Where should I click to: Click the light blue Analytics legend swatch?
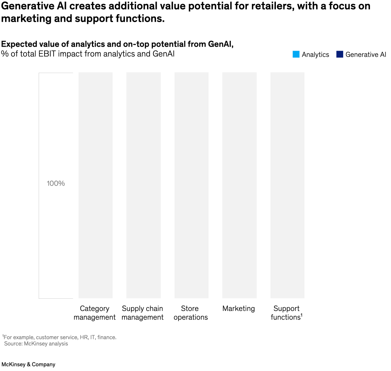click(x=296, y=55)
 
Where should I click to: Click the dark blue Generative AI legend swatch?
click(x=340, y=55)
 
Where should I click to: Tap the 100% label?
click(x=56, y=183)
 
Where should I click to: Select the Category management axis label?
click(x=94, y=313)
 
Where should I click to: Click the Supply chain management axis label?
click(x=143, y=313)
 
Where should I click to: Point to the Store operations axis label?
click(x=190, y=313)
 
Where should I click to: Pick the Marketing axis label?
click(x=239, y=309)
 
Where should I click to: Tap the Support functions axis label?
click(x=286, y=313)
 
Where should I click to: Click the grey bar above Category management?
click(x=96, y=185)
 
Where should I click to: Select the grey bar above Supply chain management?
click(x=143, y=185)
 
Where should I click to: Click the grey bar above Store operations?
click(x=192, y=185)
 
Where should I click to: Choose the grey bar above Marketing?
click(x=239, y=185)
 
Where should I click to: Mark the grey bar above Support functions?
click(x=287, y=185)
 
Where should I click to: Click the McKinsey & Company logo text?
click(x=28, y=364)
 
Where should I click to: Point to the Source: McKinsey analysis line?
click(x=36, y=344)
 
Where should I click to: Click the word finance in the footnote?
click(x=106, y=337)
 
